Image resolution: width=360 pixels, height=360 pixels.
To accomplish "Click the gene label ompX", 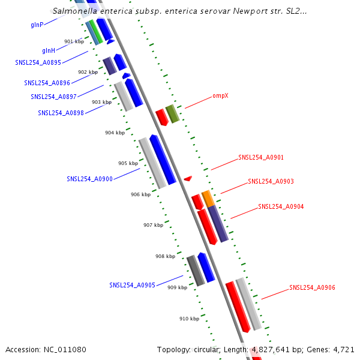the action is [221, 96].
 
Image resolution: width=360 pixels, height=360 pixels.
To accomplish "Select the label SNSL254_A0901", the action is [261, 158].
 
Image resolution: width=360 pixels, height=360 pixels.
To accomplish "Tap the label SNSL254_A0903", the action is [271, 181].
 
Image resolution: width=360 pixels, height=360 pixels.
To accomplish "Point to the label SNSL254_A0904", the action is [281, 206].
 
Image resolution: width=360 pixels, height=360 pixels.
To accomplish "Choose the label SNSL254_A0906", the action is [312, 288].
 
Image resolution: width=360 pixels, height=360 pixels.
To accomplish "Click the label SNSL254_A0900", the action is [89, 179].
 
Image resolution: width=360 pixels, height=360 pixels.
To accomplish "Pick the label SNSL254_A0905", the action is [132, 285].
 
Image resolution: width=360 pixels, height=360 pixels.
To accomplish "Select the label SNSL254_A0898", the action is [61, 113].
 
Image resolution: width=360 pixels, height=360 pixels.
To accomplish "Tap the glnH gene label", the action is [49, 50].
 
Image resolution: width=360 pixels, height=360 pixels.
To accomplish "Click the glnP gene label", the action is [37, 25].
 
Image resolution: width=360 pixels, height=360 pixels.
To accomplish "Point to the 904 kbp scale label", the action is [115, 133].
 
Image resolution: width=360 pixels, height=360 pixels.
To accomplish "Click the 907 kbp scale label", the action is [153, 225].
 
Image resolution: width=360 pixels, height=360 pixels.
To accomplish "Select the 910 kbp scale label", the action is [189, 319].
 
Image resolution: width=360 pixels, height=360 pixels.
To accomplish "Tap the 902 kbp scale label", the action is [88, 72].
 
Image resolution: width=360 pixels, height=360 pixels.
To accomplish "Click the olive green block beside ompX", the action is [172, 113].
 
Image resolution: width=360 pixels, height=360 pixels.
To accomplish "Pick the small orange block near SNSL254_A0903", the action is [208, 199].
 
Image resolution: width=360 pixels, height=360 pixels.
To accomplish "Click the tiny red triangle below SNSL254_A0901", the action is [188, 178].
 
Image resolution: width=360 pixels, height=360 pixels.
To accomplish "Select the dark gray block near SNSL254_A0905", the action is [196, 271].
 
